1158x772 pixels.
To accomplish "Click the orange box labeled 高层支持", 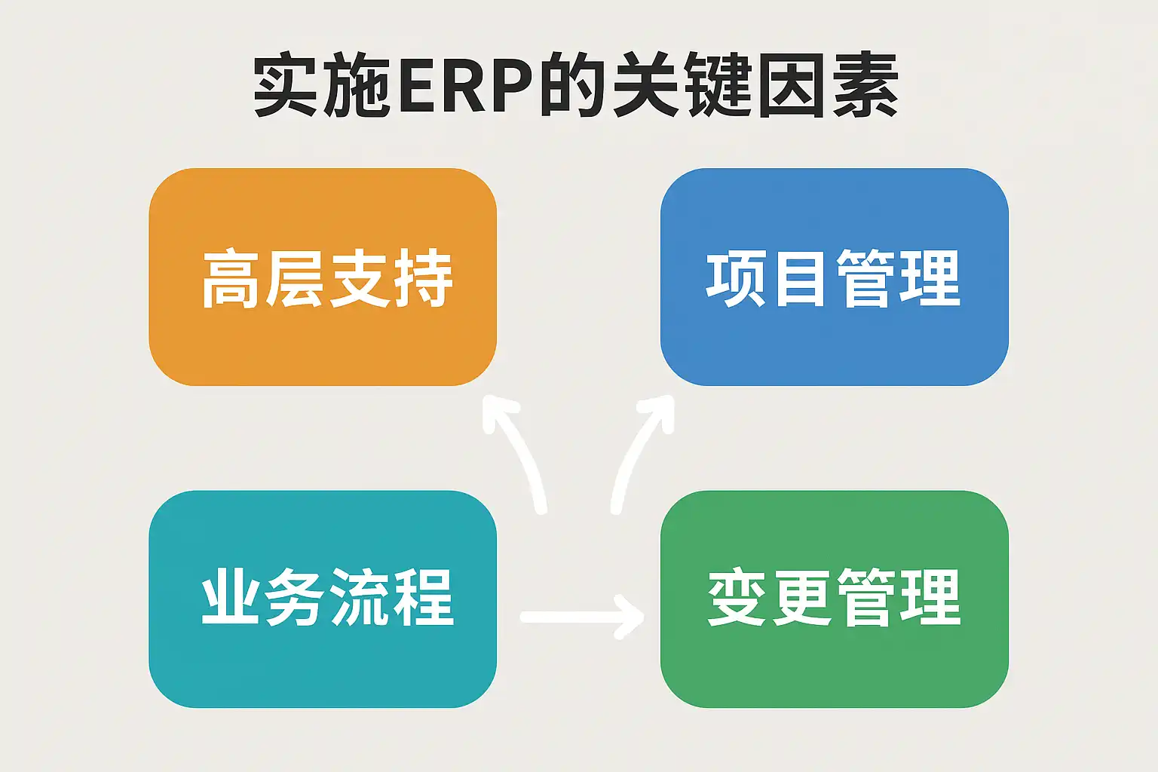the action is coord(323,277).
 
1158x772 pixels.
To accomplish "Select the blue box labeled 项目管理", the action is coord(835,277).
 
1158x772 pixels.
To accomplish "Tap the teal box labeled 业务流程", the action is coord(323,599).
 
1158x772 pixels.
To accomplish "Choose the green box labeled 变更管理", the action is coord(835,599).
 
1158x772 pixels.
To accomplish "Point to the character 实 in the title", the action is coord(285,84).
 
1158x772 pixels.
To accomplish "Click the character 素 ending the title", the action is coord(866,84).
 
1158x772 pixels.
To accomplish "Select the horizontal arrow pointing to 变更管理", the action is coord(582,617).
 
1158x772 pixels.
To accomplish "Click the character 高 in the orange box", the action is coord(230,279).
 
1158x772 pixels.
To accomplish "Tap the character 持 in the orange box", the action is coord(423,279).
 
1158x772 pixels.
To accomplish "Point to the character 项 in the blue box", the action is coord(736,279).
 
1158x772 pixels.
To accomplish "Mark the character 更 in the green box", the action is coord(801,598).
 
